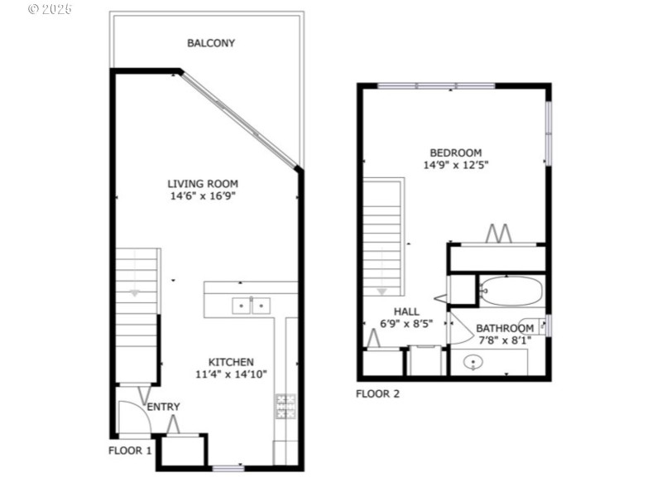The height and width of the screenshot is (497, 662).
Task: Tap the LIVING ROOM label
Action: pos(203,184)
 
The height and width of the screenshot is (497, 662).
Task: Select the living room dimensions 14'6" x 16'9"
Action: pos(203,196)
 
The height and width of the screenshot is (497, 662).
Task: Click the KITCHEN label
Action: pos(230,362)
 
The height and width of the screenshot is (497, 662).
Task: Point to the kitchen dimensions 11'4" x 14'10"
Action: pos(230,374)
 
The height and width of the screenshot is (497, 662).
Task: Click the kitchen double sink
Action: pos(250,306)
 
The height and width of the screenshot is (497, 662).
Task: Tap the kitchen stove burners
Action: pos(285,406)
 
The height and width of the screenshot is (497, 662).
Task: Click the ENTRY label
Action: pos(163,407)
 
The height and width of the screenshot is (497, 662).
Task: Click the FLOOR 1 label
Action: pos(130,451)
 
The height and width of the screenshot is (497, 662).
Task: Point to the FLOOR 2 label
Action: pos(377,394)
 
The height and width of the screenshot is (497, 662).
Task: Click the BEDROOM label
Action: pos(455,152)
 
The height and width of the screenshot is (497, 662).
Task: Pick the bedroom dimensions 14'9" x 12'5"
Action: pos(455,165)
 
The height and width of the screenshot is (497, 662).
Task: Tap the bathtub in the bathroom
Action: pos(511,291)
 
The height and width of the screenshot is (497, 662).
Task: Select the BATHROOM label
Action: pos(504,329)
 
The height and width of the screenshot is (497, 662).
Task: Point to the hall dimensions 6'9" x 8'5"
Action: pos(406,325)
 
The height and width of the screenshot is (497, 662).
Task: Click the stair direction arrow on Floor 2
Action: pos(381,291)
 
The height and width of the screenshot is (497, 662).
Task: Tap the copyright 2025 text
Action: pos(50,9)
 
